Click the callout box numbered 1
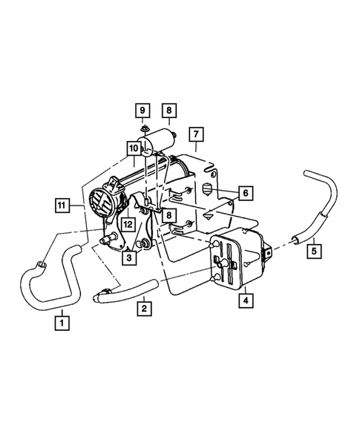[x=62, y=323]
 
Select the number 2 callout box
[x=144, y=305]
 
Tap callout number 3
[x=128, y=257]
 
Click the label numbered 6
[x=246, y=193]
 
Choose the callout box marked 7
[x=196, y=134]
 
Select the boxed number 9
[x=141, y=112]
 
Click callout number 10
[x=134, y=149]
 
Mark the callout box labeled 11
[x=62, y=203]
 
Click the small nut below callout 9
[x=142, y=133]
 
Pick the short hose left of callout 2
[x=123, y=292]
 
